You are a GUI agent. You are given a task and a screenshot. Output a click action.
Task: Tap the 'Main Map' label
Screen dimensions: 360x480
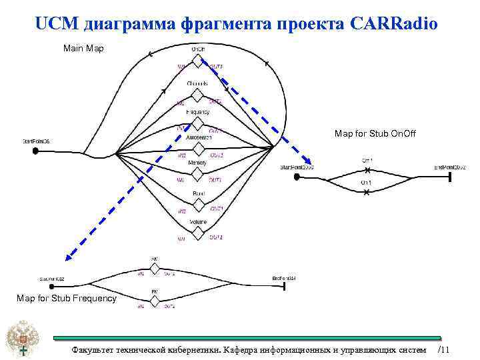tap(83, 49)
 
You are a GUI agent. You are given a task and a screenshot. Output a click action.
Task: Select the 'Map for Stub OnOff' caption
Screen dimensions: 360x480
tap(375, 134)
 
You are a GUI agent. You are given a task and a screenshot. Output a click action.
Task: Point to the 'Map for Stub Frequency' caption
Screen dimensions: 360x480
tap(66, 298)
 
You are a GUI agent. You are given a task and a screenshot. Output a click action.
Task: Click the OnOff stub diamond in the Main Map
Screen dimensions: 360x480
tap(197, 61)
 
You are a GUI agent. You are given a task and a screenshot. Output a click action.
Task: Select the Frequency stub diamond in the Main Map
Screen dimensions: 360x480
tap(197, 123)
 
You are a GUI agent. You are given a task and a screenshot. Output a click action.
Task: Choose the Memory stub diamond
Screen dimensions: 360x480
tap(197, 173)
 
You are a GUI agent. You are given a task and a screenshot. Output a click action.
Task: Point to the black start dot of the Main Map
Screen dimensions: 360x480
tap(35, 151)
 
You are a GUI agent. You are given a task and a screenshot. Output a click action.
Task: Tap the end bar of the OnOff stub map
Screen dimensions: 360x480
tap(451, 176)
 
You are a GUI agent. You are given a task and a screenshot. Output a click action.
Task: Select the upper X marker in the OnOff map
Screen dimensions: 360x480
tap(367, 166)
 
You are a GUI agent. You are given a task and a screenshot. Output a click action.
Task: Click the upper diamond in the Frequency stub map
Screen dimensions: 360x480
tap(155, 268)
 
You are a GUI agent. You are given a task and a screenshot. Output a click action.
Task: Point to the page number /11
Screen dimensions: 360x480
tap(445, 350)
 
